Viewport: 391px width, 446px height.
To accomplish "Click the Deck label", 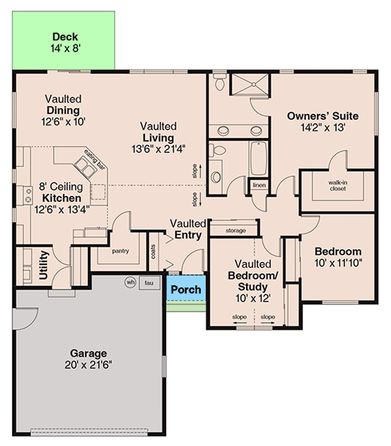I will pos(65,37).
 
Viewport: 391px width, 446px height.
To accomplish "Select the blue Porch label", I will pos(185,290).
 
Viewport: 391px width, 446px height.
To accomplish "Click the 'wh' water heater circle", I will pos(130,282).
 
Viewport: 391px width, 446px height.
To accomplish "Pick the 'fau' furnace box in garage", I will pos(149,283).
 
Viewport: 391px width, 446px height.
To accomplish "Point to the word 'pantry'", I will pos(120,251).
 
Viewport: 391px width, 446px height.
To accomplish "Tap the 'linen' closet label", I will pos(258,185).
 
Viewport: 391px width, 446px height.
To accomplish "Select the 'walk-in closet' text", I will pos(336,185).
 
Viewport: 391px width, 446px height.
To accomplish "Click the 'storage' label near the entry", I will pos(236,230).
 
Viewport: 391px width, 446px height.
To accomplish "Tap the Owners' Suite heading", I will pos(322,116).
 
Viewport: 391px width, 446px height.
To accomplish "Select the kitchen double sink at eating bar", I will pos(86,167).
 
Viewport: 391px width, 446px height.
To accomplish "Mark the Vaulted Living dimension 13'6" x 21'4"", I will pos(158,149).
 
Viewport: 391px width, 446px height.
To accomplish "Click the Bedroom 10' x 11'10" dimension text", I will pos(338,263).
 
